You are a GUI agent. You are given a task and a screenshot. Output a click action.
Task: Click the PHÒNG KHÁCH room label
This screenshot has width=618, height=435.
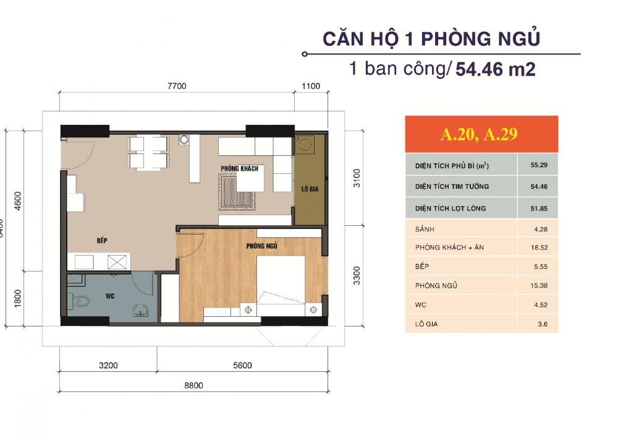239,168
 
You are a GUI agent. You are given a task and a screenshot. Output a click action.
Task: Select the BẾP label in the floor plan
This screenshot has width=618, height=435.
102,239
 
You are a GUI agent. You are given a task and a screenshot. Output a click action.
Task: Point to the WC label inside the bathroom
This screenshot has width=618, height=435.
110,296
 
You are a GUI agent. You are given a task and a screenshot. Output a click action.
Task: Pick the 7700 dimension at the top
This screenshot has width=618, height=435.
176,86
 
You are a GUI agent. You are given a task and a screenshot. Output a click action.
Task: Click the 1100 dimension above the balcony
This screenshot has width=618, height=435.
311,86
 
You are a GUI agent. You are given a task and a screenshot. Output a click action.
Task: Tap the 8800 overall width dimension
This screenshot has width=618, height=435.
193,385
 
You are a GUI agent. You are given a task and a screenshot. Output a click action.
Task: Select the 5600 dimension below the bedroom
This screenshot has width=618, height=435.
242,365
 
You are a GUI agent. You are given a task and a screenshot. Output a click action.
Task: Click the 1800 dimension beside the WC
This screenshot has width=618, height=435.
17,298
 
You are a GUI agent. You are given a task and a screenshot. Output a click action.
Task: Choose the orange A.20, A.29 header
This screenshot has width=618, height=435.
481,134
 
